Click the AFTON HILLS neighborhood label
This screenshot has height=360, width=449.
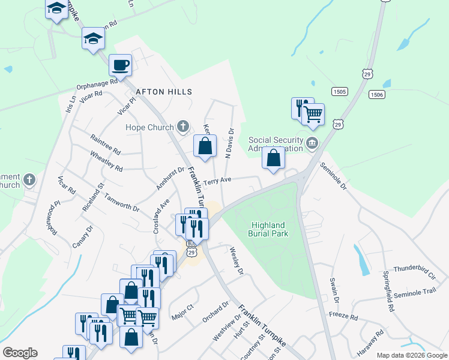164,92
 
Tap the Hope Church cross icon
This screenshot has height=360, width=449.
183,127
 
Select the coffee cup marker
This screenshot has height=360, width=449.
121,65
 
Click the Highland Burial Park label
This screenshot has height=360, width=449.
269,229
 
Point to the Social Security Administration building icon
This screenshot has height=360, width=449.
312,143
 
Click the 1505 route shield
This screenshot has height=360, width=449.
339,91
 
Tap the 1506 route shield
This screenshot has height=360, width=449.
377,94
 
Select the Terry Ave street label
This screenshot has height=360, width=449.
217,181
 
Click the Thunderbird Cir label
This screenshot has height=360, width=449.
414,274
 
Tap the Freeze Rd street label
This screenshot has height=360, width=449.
343,316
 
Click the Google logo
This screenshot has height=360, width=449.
20,353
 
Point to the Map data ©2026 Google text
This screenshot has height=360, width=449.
411,355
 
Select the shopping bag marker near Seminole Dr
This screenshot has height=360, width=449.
274,158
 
